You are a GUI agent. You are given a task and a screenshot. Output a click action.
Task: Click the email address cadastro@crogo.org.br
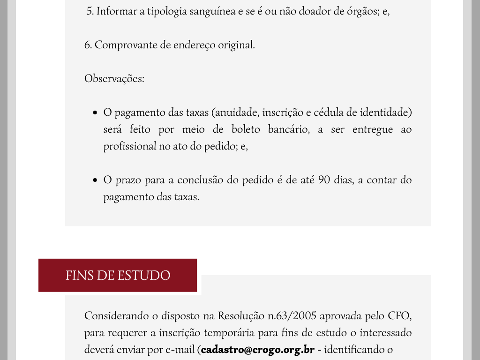click(x=257, y=350)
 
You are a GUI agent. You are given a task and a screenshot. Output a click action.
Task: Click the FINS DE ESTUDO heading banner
click(x=118, y=275)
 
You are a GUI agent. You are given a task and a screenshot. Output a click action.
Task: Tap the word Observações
click(x=114, y=79)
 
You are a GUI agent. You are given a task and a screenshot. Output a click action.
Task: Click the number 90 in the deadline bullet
click(x=324, y=180)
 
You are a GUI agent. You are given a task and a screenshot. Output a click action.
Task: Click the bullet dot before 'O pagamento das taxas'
click(x=95, y=113)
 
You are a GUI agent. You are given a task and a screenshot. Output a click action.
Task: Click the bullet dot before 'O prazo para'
click(x=95, y=180)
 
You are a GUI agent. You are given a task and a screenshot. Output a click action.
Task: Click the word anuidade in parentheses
click(x=237, y=112)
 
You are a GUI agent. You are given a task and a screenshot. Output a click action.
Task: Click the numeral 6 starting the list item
click(x=87, y=45)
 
